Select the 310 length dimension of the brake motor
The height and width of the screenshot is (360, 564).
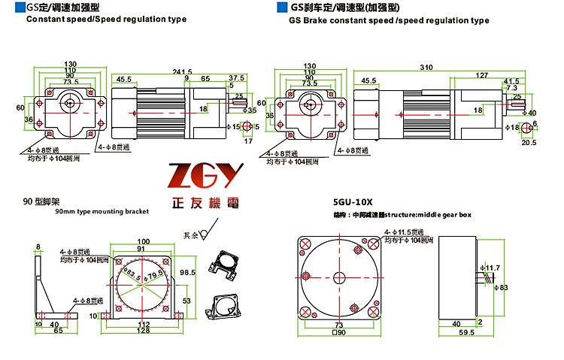(x=426, y=67)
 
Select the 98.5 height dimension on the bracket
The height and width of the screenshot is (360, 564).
(x=187, y=272)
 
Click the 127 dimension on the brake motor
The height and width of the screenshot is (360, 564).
(x=481, y=74)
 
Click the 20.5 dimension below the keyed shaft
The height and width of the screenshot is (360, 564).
(x=529, y=142)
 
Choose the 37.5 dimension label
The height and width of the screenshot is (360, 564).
(x=237, y=78)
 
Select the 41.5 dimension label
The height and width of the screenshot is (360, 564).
(x=511, y=81)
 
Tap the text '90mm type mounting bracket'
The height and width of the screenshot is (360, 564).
(x=102, y=213)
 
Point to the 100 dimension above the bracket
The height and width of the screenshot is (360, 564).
(x=142, y=241)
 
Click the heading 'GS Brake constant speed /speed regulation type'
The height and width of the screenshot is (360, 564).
(x=388, y=22)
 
